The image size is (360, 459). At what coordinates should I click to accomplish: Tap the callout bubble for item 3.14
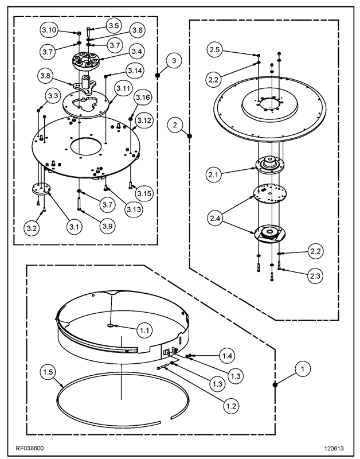tap(134, 70)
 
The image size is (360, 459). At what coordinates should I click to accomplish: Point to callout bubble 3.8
tap(48, 75)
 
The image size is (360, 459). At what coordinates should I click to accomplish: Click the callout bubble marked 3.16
tap(143, 99)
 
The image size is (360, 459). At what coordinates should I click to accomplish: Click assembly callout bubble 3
tap(175, 60)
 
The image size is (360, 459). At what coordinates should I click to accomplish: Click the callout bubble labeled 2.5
tap(215, 50)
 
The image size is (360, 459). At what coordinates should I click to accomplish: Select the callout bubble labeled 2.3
tap(315, 276)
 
